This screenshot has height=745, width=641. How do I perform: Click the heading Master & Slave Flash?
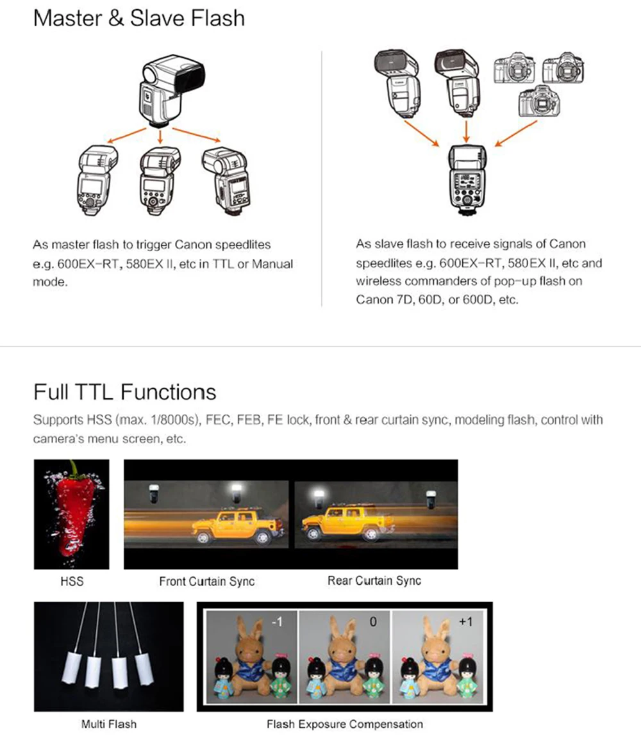point(139,19)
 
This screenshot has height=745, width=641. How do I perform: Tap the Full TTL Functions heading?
point(124,393)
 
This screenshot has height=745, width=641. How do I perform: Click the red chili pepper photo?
point(72,514)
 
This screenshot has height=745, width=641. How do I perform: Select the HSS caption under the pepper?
point(72,581)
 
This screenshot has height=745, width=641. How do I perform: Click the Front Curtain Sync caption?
point(207,582)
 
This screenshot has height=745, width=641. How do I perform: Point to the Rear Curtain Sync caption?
point(374,580)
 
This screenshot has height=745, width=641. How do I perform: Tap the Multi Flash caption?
point(109,724)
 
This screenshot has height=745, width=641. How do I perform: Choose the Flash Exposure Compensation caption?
point(345,724)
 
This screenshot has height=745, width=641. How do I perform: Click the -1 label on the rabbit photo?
point(277,621)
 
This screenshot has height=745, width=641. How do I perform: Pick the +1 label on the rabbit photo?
point(465,621)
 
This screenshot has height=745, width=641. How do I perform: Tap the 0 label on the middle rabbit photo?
point(373,621)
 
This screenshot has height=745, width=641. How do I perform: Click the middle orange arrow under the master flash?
point(160,136)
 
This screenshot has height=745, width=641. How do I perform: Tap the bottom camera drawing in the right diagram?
point(539,101)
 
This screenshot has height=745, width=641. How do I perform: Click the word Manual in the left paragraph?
point(272,264)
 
